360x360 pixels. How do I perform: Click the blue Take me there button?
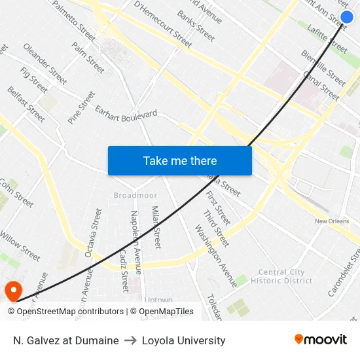click(x=180, y=160)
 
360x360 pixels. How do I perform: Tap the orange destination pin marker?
click(x=12, y=289)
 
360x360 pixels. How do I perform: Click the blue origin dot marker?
click(x=347, y=16)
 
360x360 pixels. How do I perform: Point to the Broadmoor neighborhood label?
click(x=135, y=195)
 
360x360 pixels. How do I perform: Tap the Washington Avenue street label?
click(x=216, y=256)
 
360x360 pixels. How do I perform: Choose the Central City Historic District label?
click(x=281, y=276)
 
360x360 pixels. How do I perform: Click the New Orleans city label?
click(x=332, y=221)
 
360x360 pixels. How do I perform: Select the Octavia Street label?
click(x=90, y=232)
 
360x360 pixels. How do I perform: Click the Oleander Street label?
click(x=45, y=63)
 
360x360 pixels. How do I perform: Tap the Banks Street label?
click(x=196, y=26)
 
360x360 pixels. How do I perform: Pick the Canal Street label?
click(x=321, y=85)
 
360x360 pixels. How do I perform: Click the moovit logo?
click(x=321, y=340)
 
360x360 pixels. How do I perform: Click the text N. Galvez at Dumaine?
click(x=65, y=340)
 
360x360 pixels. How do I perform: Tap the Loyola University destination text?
click(x=184, y=340)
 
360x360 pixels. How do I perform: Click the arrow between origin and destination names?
click(x=130, y=340)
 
